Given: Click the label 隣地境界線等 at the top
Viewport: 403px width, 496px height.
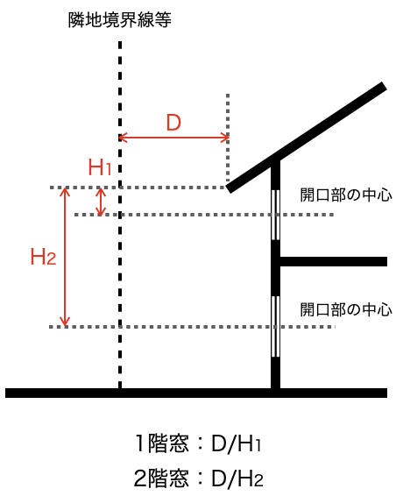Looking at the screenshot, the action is (119, 19).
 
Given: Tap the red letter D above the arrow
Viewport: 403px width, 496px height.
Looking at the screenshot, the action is (173, 123).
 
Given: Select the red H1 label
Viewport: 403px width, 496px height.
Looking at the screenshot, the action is (99, 167).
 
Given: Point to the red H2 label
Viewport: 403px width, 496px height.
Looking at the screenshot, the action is (43, 257).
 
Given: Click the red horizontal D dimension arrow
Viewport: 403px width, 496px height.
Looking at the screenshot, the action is (173, 138).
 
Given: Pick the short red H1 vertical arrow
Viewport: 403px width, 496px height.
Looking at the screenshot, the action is (101, 202).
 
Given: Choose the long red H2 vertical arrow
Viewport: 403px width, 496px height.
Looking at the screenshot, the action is (65, 257).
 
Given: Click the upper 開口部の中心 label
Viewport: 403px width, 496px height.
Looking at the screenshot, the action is (346, 195).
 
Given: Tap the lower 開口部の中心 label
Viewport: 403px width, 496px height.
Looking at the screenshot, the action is (346, 309).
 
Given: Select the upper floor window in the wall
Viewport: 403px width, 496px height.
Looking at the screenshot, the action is (275, 215).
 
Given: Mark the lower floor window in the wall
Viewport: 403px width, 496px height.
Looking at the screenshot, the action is (275, 327).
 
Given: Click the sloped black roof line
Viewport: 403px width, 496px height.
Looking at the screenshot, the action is (307, 138).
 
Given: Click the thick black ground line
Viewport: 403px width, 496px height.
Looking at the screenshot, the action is (196, 393).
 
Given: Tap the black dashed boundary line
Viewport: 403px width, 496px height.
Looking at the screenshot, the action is (120, 215).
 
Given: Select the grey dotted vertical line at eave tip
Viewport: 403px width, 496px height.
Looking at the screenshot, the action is (228, 138).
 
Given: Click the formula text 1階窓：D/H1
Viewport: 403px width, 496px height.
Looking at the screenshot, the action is (198, 443).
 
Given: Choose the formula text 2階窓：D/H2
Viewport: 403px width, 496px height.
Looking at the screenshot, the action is (198, 478).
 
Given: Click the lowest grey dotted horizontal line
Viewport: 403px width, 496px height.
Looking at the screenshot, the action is (192, 327).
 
